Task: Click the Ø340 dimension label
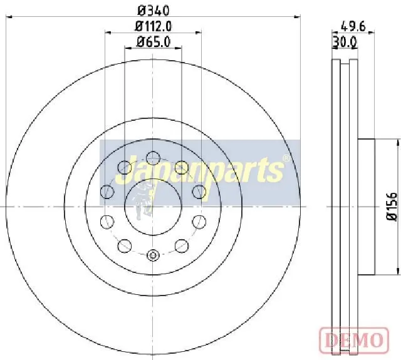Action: [x=153, y=11]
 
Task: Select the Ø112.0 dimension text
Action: [x=153, y=26]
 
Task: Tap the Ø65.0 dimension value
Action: [x=153, y=42]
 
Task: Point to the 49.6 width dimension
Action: [x=353, y=26]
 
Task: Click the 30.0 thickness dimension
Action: [x=345, y=42]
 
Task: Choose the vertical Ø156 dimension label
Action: [x=392, y=207]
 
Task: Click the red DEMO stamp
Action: [x=354, y=340]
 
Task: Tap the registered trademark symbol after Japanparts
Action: [x=286, y=158]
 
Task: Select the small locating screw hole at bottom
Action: [x=153, y=255]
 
